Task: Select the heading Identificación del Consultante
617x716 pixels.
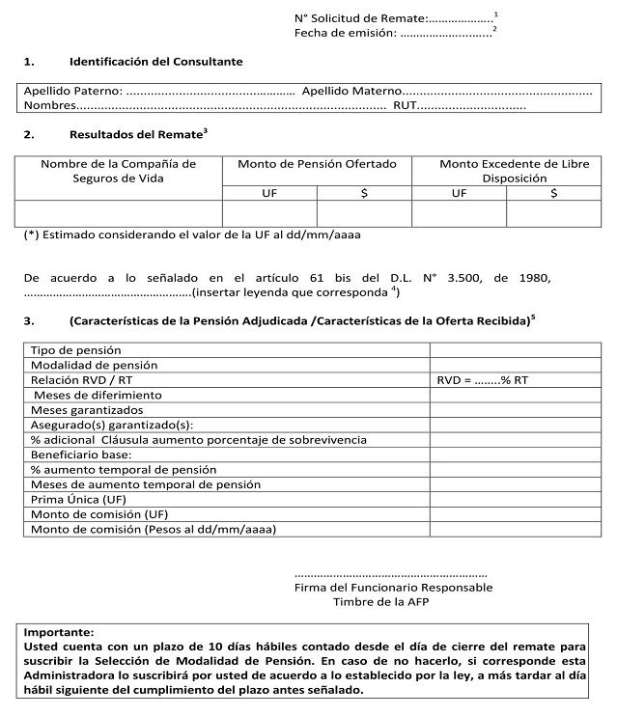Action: [x=155, y=62]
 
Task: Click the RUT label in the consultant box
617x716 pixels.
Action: [x=404, y=104]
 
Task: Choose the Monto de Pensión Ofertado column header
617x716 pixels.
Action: [x=317, y=164]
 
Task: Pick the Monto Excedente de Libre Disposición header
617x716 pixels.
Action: [x=507, y=171]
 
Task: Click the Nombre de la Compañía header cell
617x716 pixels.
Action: [x=118, y=171]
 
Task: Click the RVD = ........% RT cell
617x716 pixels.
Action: [x=483, y=380]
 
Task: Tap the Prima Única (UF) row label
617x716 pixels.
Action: [x=78, y=500]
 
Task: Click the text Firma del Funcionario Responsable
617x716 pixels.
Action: [x=393, y=587]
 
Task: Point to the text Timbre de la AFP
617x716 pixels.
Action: [x=380, y=601]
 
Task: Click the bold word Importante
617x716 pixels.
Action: [x=59, y=631]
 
